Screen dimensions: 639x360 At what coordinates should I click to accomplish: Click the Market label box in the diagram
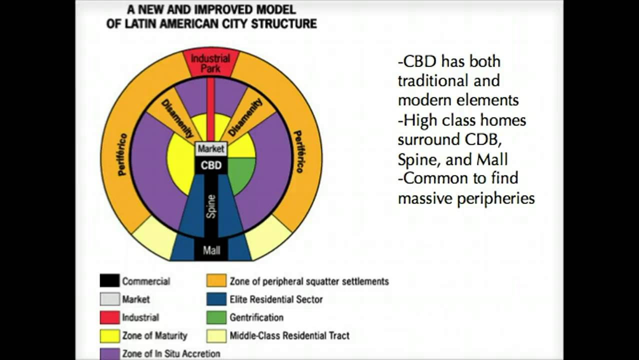pyautogui.click(x=211, y=149)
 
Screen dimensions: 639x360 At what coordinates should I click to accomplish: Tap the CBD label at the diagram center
pyautogui.click(x=211, y=165)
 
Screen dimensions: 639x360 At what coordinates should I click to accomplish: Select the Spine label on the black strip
pyautogui.click(x=211, y=206)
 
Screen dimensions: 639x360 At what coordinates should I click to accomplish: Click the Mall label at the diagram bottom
pyautogui.click(x=211, y=250)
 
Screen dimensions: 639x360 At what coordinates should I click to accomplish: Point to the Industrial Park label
pyautogui.click(x=210, y=63)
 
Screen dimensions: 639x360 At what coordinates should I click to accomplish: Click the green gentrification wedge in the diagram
pyautogui.click(x=240, y=174)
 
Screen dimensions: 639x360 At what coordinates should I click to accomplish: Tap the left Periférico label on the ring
pyautogui.click(x=122, y=154)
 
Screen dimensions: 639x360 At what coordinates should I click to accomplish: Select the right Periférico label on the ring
pyautogui.click(x=298, y=151)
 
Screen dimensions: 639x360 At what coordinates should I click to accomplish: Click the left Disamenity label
pyautogui.click(x=177, y=119)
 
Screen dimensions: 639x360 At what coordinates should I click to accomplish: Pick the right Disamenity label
pyautogui.click(x=245, y=117)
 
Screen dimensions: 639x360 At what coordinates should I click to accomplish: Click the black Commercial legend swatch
pyautogui.click(x=110, y=280)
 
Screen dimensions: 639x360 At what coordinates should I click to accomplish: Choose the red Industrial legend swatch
pyautogui.click(x=110, y=317)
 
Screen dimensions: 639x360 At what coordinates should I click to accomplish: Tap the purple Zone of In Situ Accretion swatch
pyautogui.click(x=110, y=353)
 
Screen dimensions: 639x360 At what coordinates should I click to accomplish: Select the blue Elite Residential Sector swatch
pyautogui.click(x=216, y=299)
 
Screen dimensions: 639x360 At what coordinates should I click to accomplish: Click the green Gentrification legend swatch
pyautogui.click(x=216, y=317)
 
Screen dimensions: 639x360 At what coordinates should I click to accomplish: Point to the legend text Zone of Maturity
pyautogui.click(x=154, y=336)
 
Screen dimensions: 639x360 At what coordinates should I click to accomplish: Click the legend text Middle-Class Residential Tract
pyautogui.click(x=289, y=336)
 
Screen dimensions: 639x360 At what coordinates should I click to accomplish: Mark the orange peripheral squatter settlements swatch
pyautogui.click(x=216, y=280)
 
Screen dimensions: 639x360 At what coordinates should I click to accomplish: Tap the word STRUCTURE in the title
pyautogui.click(x=284, y=23)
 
